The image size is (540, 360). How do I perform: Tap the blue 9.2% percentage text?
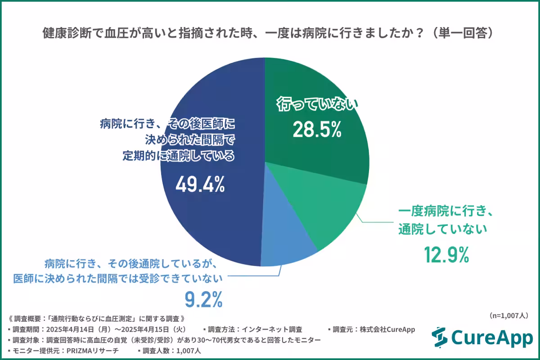coord(204,299)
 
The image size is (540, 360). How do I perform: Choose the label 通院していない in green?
coord(443,229)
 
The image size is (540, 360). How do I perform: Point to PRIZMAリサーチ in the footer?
coord(93,351)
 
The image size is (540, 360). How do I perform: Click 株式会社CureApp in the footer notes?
coord(387,329)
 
